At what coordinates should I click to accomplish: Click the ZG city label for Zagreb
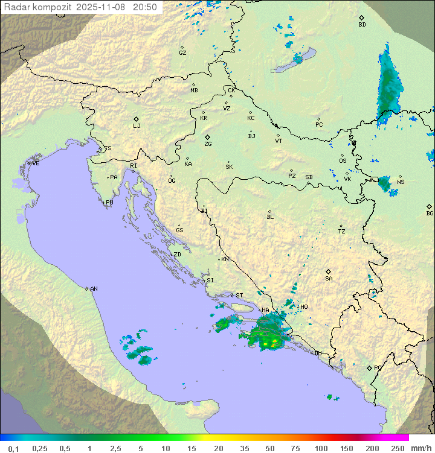point(208,144)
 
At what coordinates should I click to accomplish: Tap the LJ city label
point(137,126)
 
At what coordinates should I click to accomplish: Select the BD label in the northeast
point(362,25)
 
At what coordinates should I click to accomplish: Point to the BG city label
point(430,213)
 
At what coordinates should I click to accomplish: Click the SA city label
point(329,279)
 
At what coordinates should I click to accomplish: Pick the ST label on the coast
point(239,296)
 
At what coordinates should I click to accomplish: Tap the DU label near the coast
point(317,353)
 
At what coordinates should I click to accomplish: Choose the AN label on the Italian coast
point(94,289)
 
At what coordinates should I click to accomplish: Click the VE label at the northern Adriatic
point(36,163)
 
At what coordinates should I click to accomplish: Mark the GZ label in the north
point(182,53)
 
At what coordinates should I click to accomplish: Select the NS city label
point(401,182)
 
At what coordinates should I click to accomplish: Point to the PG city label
point(378,367)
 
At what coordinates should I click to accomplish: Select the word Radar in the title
point(16,7)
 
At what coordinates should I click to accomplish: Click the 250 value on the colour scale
point(398,448)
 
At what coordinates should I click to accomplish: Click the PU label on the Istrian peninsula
point(109,203)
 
